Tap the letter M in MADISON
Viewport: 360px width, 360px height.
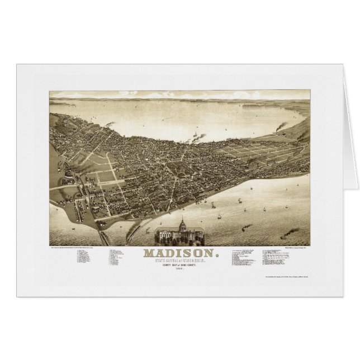(x=149, y=253)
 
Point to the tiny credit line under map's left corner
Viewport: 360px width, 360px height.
(x=78, y=247)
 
